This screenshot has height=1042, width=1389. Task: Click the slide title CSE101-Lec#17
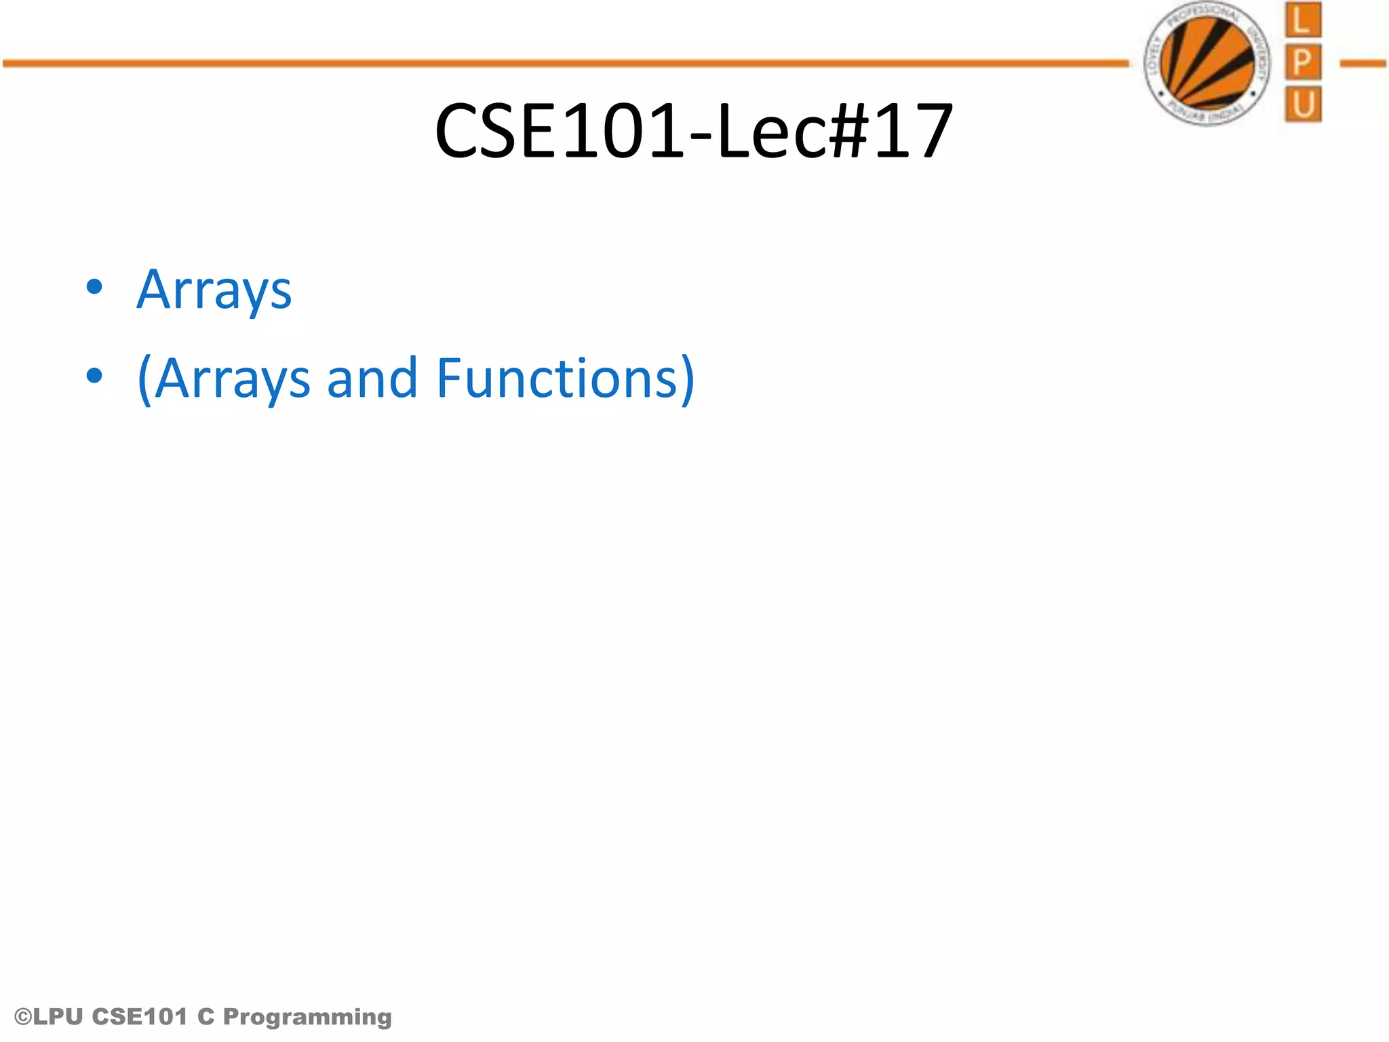(x=693, y=130)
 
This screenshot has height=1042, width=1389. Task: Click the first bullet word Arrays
(x=214, y=290)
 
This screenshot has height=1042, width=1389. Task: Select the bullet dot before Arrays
(x=94, y=287)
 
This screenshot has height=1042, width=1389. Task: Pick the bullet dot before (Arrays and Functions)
(x=94, y=375)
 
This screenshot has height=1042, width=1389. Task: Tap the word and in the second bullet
(x=372, y=378)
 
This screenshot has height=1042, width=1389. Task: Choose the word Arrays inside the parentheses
(x=233, y=379)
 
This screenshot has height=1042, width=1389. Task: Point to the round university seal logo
(x=1208, y=64)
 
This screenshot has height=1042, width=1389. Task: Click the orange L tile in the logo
(x=1302, y=20)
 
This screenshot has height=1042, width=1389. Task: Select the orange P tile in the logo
(x=1302, y=62)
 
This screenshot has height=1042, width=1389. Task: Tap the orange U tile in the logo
(x=1302, y=104)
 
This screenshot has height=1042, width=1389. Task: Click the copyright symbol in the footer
(x=23, y=1017)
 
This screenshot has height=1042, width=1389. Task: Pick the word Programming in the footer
(x=307, y=1017)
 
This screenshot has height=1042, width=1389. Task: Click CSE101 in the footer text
(x=139, y=1017)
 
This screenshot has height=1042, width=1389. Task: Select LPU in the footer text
(x=58, y=1017)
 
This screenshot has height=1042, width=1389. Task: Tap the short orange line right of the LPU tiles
(x=1363, y=64)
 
